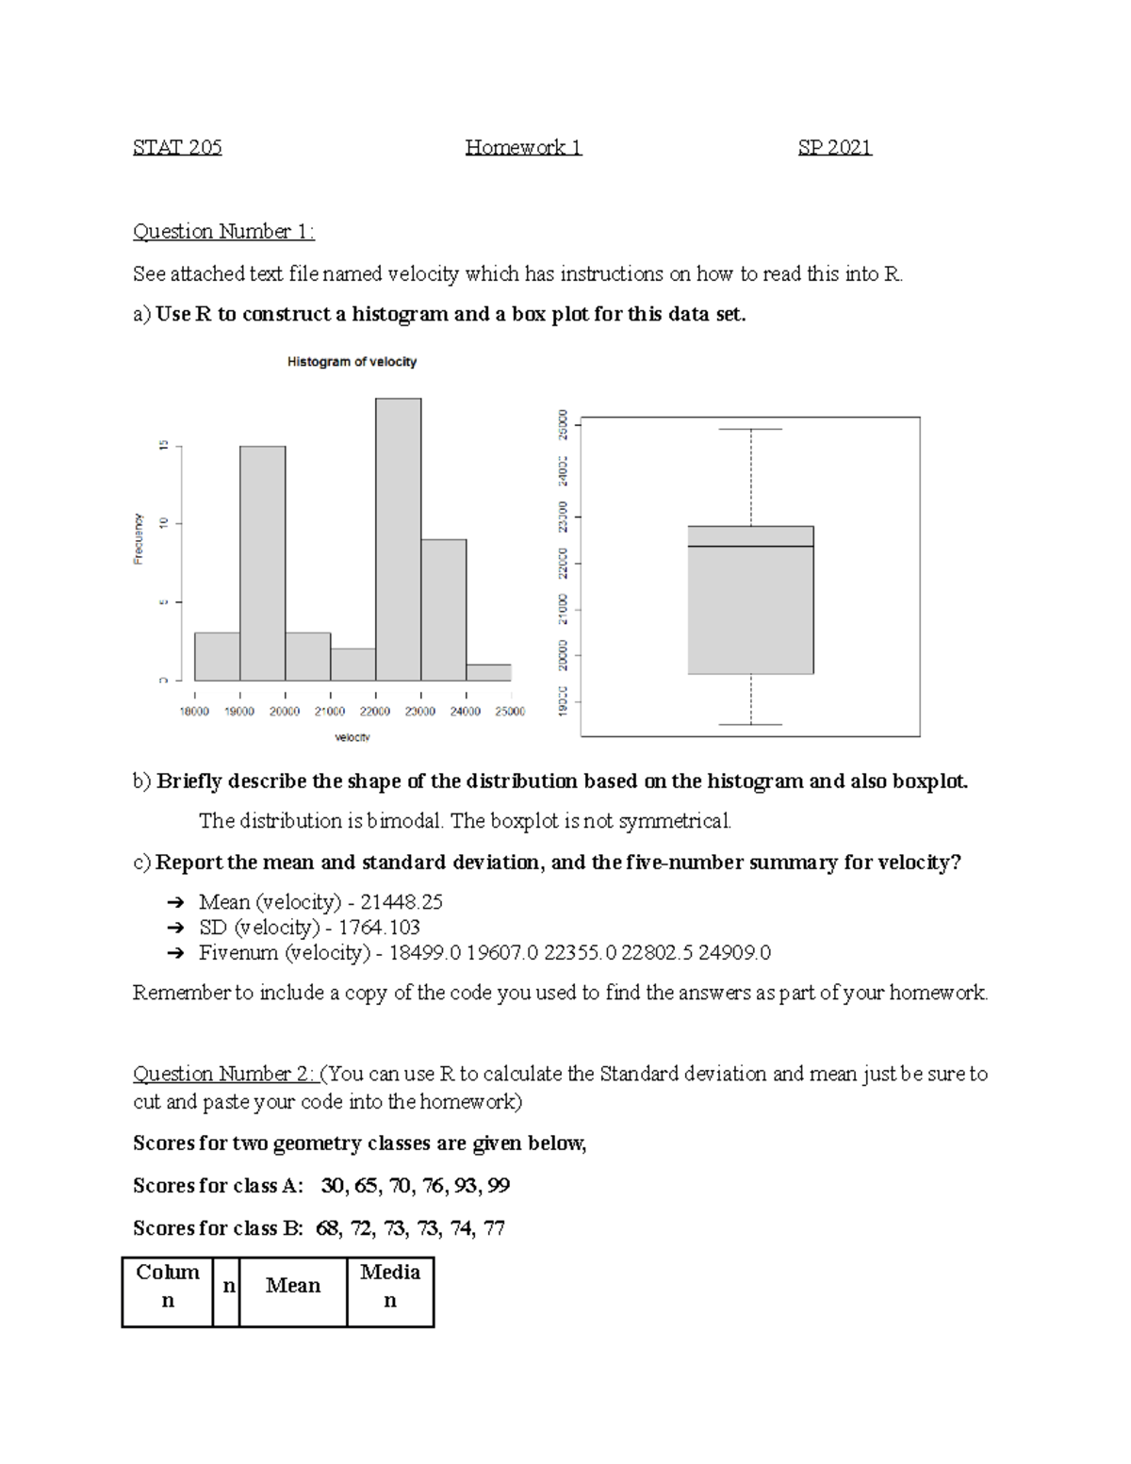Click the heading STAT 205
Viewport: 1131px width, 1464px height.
pyautogui.click(x=177, y=147)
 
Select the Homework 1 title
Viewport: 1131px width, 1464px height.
pyautogui.click(x=523, y=147)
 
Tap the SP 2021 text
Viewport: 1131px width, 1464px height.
pyautogui.click(x=834, y=147)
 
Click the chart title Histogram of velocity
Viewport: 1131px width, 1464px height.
pyautogui.click(x=352, y=362)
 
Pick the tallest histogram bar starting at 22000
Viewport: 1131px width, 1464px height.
pyautogui.click(x=398, y=537)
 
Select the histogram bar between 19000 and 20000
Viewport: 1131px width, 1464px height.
pyautogui.click(x=262, y=566)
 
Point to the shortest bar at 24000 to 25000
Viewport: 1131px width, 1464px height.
pyautogui.click(x=488, y=672)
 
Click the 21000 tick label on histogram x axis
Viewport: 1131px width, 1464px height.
pyautogui.click(x=330, y=712)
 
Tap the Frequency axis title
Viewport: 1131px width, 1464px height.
pyautogui.click(x=139, y=538)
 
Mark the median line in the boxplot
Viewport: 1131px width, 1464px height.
pyautogui.click(x=750, y=547)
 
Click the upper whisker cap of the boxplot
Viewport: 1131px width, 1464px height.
pyautogui.click(x=750, y=430)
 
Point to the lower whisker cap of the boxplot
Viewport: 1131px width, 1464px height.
pyautogui.click(x=750, y=724)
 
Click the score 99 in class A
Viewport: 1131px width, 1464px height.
pyautogui.click(x=499, y=1186)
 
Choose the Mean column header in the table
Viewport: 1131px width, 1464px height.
pyautogui.click(x=293, y=1286)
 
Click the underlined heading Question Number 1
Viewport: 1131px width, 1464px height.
pyautogui.click(x=223, y=232)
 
